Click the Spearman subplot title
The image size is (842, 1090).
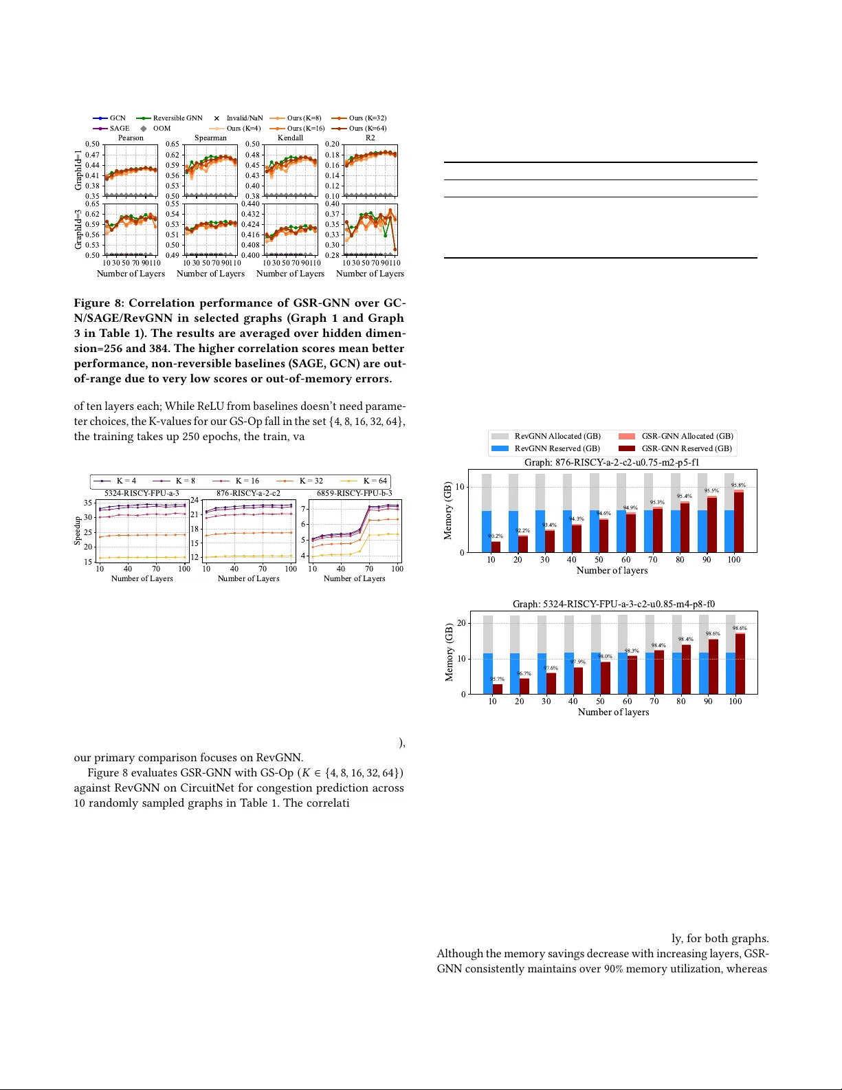pyautogui.click(x=210, y=138)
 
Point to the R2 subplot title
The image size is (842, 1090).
pyautogui.click(x=370, y=138)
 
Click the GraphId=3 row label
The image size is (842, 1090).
pyautogui.click(x=78, y=230)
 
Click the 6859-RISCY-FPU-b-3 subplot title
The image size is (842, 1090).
pyautogui.click(x=354, y=493)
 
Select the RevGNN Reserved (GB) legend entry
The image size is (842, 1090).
pyautogui.click(x=557, y=448)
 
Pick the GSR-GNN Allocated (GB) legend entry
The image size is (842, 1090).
pyautogui.click(x=687, y=436)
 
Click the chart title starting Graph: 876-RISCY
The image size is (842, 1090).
pyautogui.click(x=612, y=462)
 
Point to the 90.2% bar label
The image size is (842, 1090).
pyautogui.click(x=496, y=536)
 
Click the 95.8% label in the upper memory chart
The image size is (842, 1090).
pyautogui.click(x=738, y=486)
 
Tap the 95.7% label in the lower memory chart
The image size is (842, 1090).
pyautogui.click(x=497, y=679)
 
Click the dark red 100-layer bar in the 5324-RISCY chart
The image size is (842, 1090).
pyautogui.click(x=740, y=664)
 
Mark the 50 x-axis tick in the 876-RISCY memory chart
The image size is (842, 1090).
pyautogui.click(x=599, y=560)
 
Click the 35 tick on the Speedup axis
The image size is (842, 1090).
pyautogui.click(x=88, y=503)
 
